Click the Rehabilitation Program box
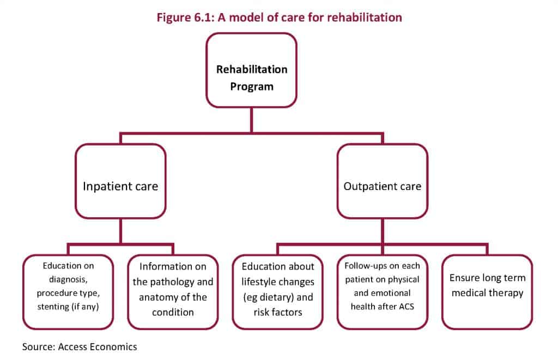pos(251,70)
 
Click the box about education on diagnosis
pos(69,292)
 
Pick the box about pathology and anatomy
pos(173,292)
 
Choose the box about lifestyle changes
pos(277,292)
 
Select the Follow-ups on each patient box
pos(382,292)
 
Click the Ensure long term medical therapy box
pos(487,292)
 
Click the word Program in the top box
pos(251,86)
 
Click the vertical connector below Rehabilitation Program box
pos(251,120)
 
